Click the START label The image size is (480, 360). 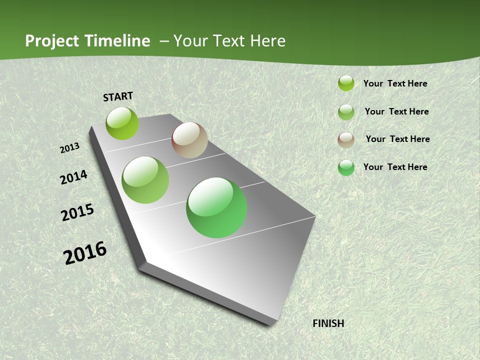pos(118,96)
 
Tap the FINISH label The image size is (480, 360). pos(328,323)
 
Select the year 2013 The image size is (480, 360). pos(70,147)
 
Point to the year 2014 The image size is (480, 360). pos(73,177)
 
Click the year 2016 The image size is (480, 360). pos(85,253)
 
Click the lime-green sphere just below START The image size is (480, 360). pos(122,123)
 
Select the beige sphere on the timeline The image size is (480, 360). pos(189,140)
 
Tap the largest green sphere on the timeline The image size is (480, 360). pos(216,207)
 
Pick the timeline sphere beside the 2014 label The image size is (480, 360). pos(145,180)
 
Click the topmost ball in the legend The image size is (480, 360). pos(346,83)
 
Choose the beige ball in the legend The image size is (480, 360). pos(346,140)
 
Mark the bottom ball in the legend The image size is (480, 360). pos(346,167)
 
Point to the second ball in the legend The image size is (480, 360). pos(346,112)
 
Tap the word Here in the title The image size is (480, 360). pos(267,41)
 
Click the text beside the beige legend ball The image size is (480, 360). pos(397,139)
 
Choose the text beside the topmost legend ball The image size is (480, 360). pos(395,83)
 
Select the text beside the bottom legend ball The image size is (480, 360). pos(395,167)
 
